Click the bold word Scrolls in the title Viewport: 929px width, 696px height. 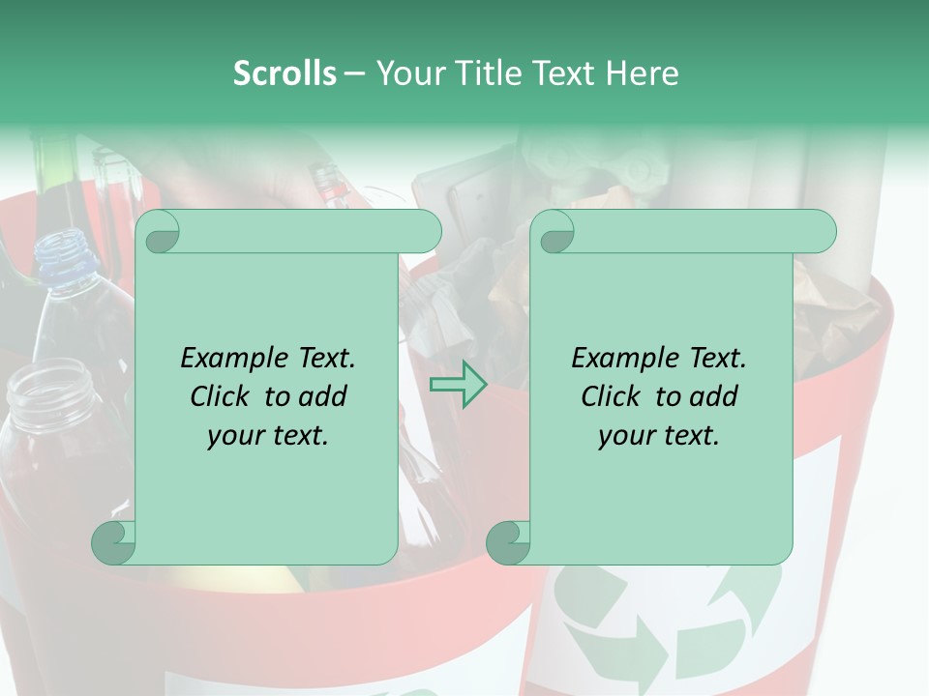pos(285,73)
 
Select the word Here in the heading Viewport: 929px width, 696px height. pos(643,73)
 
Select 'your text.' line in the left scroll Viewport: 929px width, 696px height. pos(268,435)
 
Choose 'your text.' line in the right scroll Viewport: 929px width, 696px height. pos(659,435)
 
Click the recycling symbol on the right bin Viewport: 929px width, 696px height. pos(668,619)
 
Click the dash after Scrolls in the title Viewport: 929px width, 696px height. pos(354,73)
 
